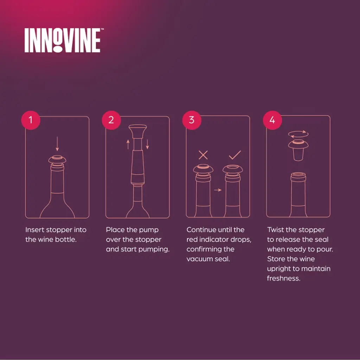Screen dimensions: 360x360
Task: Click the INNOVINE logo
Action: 63,40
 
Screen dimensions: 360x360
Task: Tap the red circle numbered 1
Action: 31,120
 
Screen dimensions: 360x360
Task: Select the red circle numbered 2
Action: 111,120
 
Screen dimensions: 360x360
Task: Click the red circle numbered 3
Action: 192,120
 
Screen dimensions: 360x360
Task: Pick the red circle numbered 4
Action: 272,120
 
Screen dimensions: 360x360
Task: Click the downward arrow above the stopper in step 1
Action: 57,144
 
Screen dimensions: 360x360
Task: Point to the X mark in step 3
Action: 203,155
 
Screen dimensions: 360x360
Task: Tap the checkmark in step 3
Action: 235,155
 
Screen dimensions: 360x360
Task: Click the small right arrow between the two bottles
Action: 218,190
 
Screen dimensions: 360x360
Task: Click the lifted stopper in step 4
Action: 298,150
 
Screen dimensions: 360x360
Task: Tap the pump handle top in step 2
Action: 138,131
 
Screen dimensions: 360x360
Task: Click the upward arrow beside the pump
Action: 128,144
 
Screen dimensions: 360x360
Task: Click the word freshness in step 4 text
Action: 284,278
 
